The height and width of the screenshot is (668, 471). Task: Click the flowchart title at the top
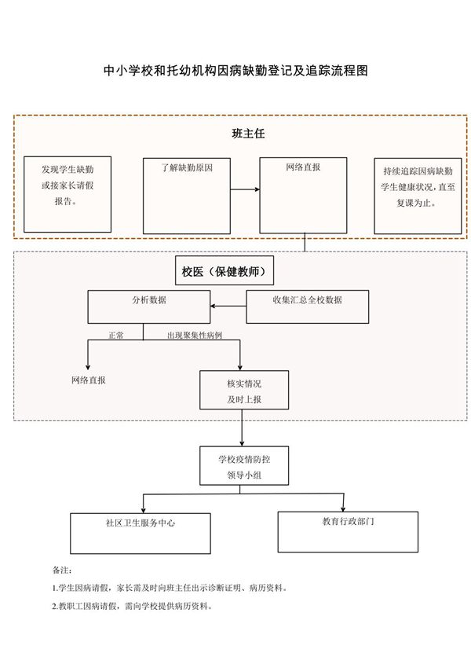pyautogui.click(x=236, y=71)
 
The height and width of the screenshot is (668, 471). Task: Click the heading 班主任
pyautogui.click(x=248, y=134)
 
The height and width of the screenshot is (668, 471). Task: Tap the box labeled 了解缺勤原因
pyautogui.click(x=186, y=194)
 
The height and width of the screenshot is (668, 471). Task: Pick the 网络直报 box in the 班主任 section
pyautogui.click(x=302, y=194)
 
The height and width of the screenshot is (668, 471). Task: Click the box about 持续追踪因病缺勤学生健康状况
pyautogui.click(x=417, y=194)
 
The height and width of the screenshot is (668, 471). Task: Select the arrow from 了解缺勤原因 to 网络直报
pyautogui.click(x=244, y=189)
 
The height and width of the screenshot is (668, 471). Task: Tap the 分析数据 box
pyautogui.click(x=148, y=306)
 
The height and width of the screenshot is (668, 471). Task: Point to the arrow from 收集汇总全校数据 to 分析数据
pyautogui.click(x=228, y=306)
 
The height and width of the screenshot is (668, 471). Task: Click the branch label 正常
pyautogui.click(x=115, y=335)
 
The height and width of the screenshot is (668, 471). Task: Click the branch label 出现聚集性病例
pyautogui.click(x=194, y=335)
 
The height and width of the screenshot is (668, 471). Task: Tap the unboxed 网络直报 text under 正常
pyautogui.click(x=89, y=380)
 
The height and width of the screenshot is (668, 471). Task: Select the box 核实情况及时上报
pyautogui.click(x=243, y=391)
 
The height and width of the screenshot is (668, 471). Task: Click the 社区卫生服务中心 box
pyautogui.click(x=141, y=533)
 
